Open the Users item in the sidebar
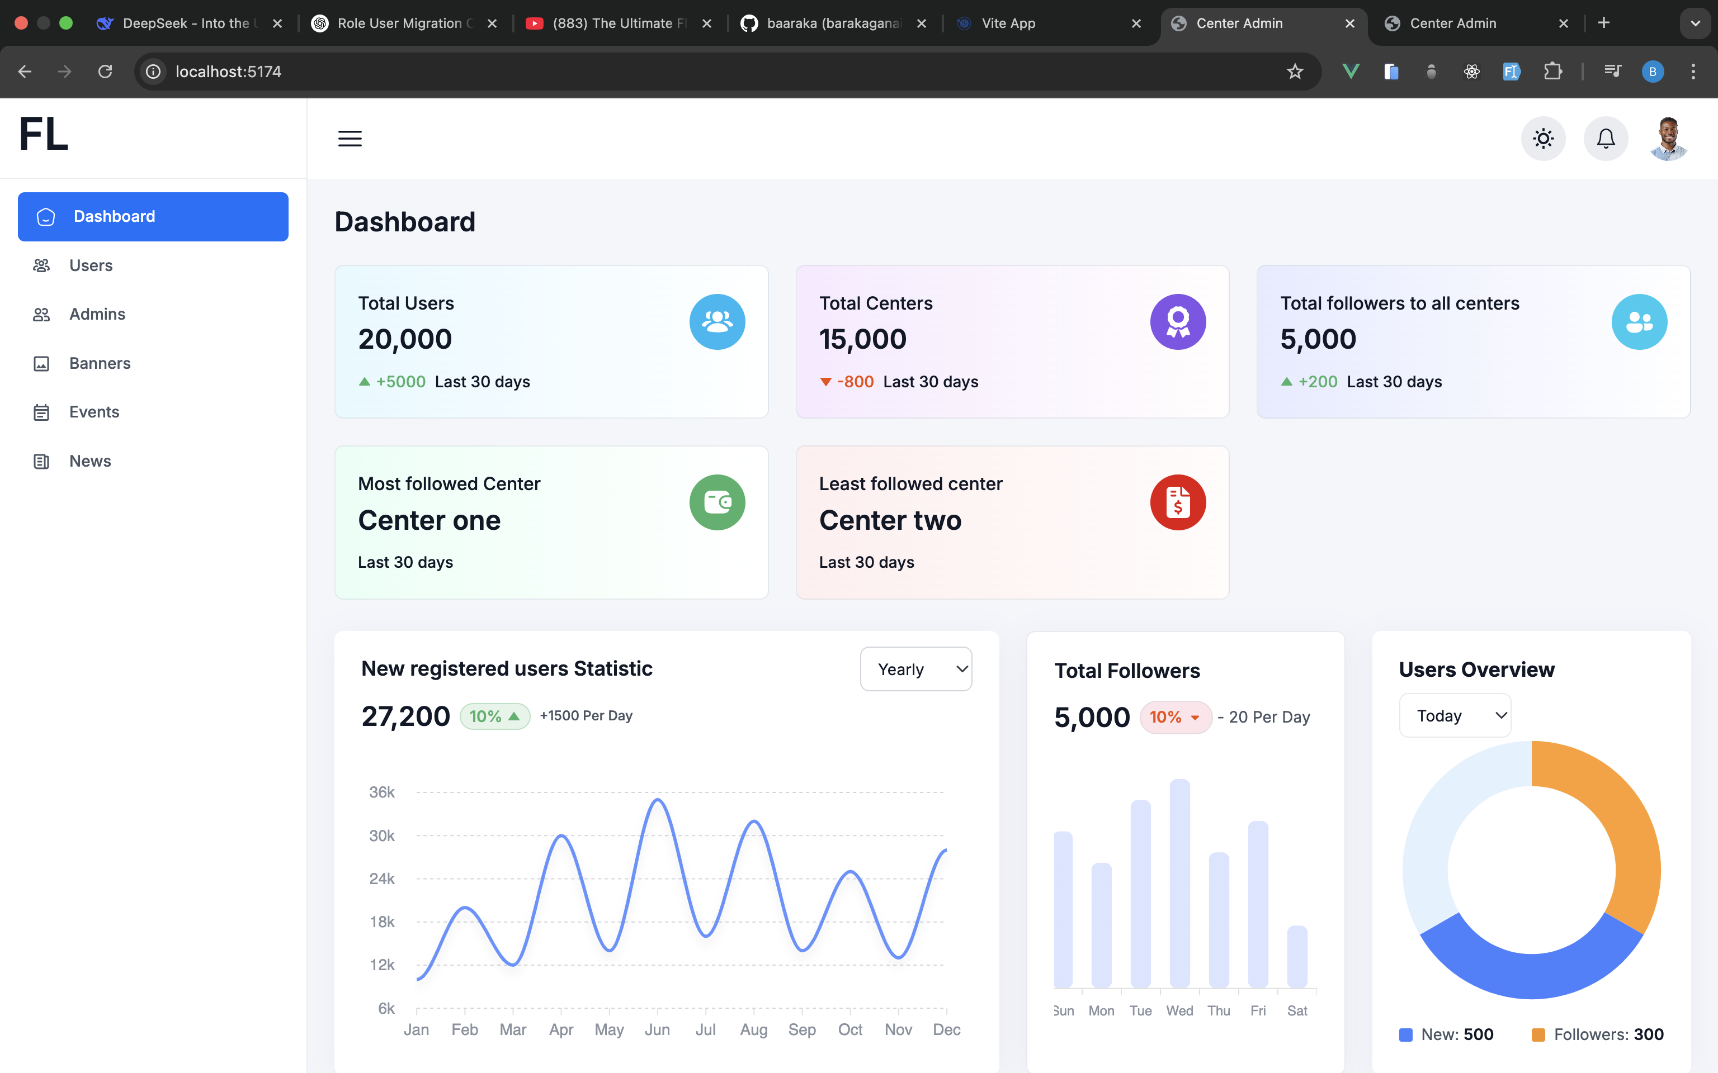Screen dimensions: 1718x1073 (x=91, y=265)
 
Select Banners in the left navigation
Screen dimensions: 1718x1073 (x=100, y=363)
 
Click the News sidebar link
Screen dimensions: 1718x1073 (x=90, y=461)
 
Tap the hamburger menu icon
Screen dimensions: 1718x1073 (x=350, y=139)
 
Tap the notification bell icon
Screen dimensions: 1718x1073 (x=1606, y=139)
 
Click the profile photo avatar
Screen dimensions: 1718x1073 (x=1668, y=139)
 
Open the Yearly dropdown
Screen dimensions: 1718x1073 (x=916, y=669)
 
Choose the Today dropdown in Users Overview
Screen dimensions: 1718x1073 (x=1455, y=715)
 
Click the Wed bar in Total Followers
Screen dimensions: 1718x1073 (x=1180, y=884)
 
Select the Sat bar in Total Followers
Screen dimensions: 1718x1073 (x=1297, y=957)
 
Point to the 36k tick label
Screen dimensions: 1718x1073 (x=382, y=792)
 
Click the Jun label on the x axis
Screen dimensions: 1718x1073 (x=657, y=1030)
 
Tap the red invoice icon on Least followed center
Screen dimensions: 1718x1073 (x=1178, y=502)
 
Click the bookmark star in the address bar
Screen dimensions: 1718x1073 (x=1295, y=72)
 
